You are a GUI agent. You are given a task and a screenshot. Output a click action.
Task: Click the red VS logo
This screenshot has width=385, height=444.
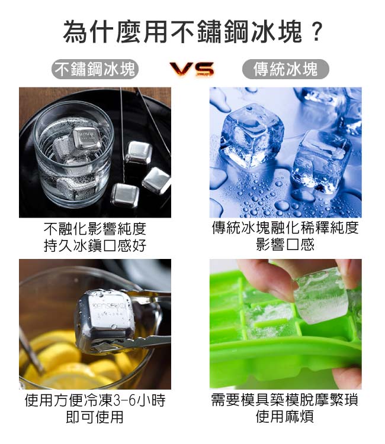[192, 69]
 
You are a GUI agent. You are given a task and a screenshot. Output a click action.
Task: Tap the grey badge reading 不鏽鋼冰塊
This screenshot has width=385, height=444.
[95, 69]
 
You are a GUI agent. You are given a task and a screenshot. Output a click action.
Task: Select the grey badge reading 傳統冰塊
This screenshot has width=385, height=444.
[285, 69]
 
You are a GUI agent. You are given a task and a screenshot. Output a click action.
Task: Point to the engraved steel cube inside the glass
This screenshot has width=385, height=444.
[86, 138]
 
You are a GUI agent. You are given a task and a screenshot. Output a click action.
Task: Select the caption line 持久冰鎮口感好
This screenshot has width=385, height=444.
[95, 245]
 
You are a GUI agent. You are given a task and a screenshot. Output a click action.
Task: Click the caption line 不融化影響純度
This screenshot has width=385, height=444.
[95, 229]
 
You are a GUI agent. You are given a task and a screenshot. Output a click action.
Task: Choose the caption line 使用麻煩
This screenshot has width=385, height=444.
[285, 417]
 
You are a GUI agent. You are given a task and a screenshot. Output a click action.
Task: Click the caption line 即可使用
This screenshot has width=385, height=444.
[95, 417]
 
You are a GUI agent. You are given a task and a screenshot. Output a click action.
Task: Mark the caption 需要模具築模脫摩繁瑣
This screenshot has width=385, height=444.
[285, 400]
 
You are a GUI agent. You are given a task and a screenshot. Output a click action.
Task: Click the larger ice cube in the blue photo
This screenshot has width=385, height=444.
[252, 135]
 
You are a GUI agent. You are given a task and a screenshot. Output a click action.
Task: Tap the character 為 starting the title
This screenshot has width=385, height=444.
[75, 31]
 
